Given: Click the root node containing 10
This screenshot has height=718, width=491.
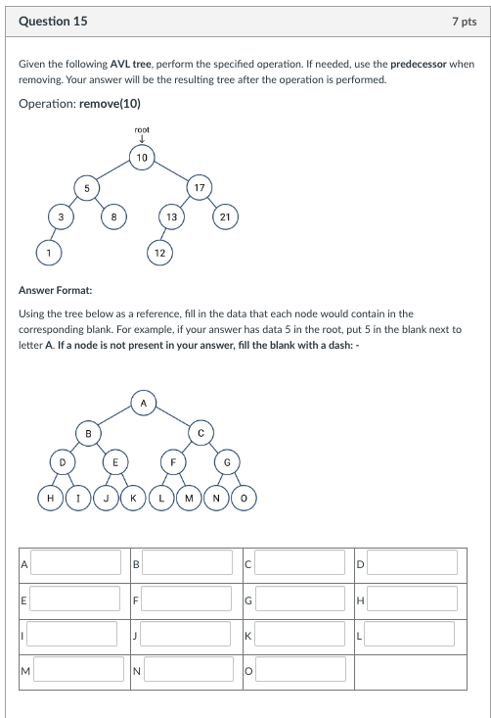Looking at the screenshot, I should point(143,157).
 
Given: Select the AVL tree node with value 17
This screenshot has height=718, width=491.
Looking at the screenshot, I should point(199,186).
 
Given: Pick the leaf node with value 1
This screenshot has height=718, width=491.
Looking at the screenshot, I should point(45,253).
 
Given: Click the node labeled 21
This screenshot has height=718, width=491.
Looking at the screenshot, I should point(225,217).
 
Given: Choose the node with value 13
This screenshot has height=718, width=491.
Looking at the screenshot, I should point(171,217).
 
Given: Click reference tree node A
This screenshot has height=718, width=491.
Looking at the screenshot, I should point(143,402).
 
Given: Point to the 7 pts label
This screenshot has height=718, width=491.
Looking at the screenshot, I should point(465,21).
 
